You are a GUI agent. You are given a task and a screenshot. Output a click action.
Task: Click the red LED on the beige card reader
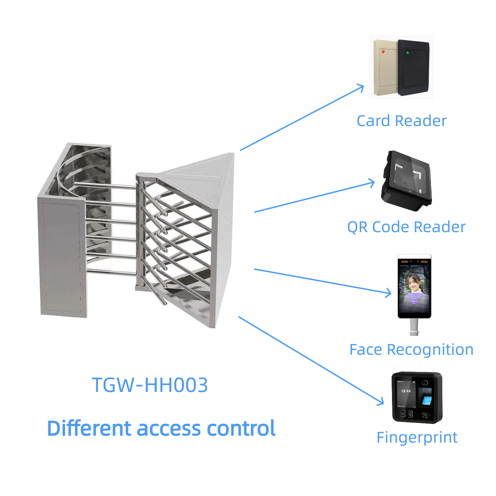(x=383, y=52)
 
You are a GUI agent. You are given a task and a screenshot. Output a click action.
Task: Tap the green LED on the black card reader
(x=407, y=53)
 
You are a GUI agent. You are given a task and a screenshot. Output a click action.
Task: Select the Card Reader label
(x=401, y=121)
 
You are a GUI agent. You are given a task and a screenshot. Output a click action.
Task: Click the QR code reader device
(x=406, y=181)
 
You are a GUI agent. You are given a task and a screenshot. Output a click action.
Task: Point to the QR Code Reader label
(x=406, y=227)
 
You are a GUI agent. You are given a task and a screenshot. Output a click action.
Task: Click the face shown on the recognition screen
(x=414, y=283)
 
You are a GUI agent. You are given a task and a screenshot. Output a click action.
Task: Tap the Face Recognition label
(x=411, y=350)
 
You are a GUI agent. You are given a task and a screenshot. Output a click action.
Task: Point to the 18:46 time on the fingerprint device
(x=406, y=391)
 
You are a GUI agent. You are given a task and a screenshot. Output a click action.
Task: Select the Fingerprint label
(x=417, y=437)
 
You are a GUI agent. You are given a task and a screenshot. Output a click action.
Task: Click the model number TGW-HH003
(x=150, y=385)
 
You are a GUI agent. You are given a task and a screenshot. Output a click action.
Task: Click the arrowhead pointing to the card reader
(x=362, y=87)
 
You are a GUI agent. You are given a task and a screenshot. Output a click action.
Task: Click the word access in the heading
(x=169, y=428)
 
